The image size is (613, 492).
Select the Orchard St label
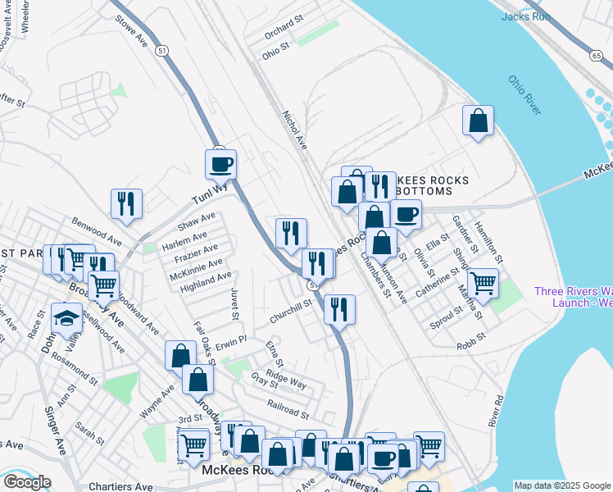[284, 35]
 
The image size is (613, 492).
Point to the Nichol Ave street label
[294, 130]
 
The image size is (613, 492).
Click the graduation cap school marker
[66, 319]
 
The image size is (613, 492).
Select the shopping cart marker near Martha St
[483, 283]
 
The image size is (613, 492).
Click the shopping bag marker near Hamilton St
[478, 121]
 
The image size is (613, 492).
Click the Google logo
[27, 482]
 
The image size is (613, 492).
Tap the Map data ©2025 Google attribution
[561, 485]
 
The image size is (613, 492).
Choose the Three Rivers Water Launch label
[573, 297]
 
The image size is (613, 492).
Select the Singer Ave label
[56, 430]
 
